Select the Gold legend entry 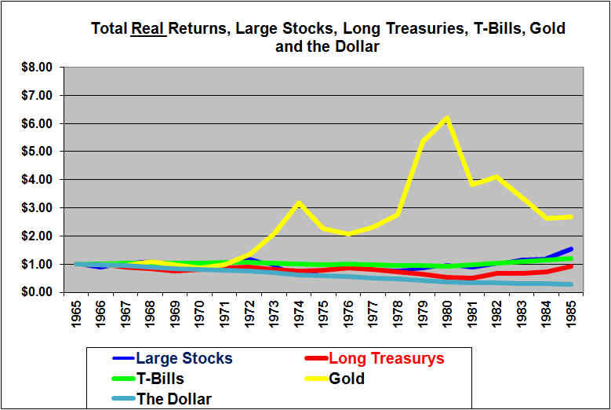click(346, 379)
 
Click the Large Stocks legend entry click(184, 359)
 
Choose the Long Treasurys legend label click(386, 359)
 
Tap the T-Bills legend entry click(160, 379)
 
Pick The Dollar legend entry click(173, 399)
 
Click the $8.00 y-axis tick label click(37, 68)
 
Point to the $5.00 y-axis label click(37, 152)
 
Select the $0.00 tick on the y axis click(37, 292)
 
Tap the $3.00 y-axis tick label click(37, 208)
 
